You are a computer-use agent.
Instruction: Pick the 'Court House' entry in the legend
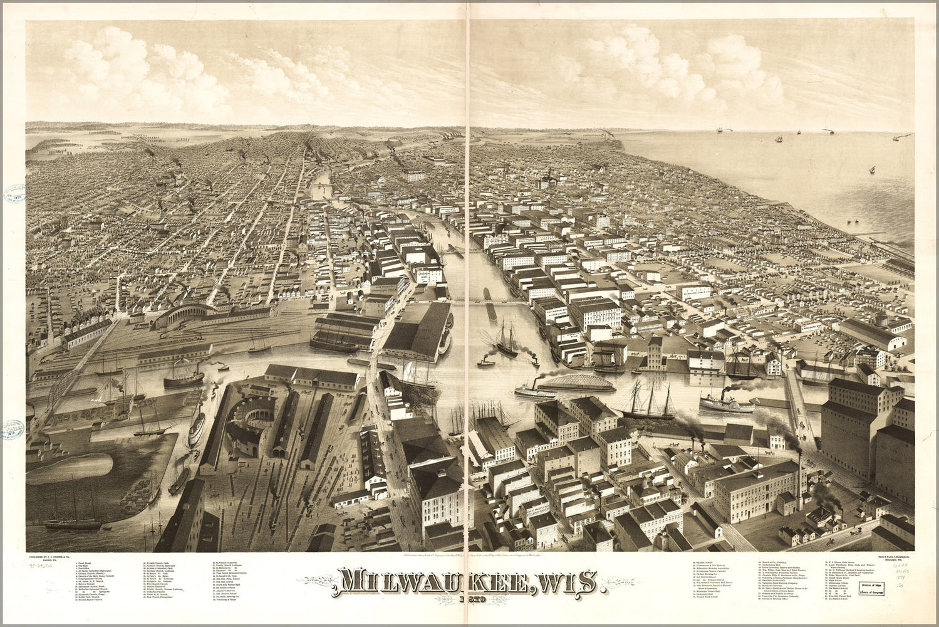click(85, 563)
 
